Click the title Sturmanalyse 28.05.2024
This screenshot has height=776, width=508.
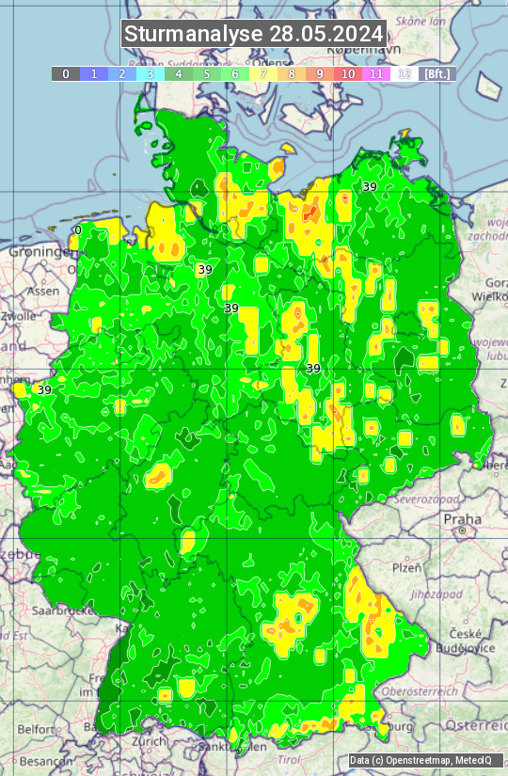[x=254, y=34]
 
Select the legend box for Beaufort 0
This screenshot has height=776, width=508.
[x=65, y=73]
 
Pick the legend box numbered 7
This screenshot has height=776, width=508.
[x=263, y=73]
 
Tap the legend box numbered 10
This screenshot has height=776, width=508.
[x=348, y=73]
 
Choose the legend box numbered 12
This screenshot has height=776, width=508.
[x=405, y=73]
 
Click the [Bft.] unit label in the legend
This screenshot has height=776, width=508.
[x=437, y=73]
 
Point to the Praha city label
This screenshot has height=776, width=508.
[x=462, y=518]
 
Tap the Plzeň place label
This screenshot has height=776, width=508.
[x=406, y=568]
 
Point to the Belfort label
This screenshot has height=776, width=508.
[x=36, y=728]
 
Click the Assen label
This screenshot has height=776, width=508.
[x=42, y=292]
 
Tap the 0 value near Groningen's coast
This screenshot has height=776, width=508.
[x=78, y=230]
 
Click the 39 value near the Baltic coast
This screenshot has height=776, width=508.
[x=370, y=187]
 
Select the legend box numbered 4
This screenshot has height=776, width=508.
[x=179, y=73]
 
